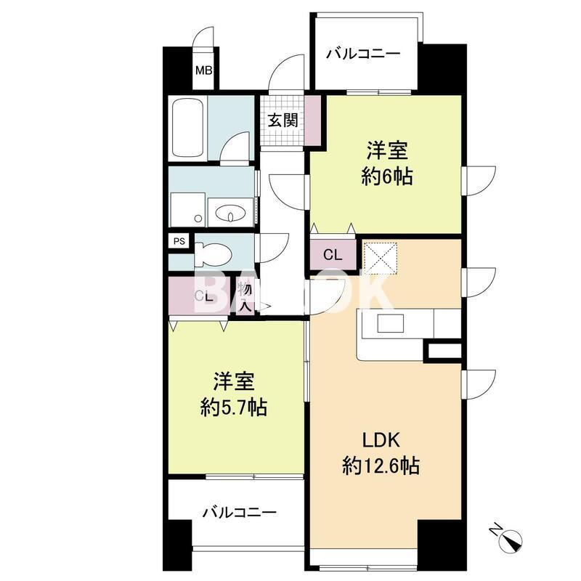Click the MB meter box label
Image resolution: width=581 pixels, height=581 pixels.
(x=204, y=70)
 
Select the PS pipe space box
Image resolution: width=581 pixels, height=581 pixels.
(x=178, y=242)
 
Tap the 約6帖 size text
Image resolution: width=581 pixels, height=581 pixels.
(x=386, y=176)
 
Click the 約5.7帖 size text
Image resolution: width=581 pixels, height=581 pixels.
(x=233, y=407)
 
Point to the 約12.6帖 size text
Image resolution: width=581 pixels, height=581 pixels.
(x=380, y=466)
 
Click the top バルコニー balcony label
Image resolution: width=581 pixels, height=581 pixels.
(x=362, y=53)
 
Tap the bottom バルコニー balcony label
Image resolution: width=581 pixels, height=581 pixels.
(x=239, y=513)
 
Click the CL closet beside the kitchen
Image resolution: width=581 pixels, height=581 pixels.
(x=333, y=255)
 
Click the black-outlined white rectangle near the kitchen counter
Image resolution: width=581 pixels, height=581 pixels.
(x=443, y=352)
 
